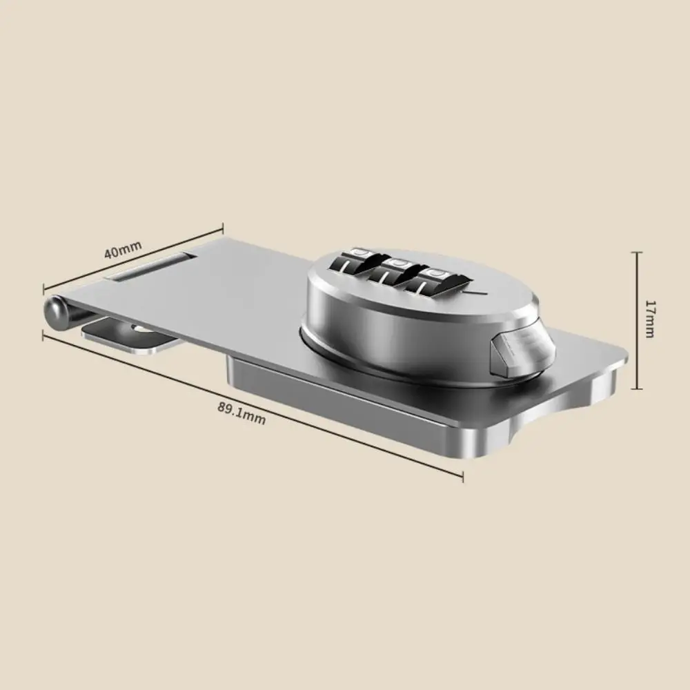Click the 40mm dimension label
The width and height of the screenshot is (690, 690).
tap(122, 248)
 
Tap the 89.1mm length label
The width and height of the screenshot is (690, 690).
tap(241, 413)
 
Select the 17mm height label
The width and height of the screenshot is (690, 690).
tap(649, 318)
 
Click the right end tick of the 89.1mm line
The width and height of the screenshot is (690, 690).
tap(462, 475)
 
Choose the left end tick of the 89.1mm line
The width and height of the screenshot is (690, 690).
tap(44, 335)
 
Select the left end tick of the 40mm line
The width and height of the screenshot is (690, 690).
tap(44, 288)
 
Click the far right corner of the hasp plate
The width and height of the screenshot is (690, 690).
tap(624, 359)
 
